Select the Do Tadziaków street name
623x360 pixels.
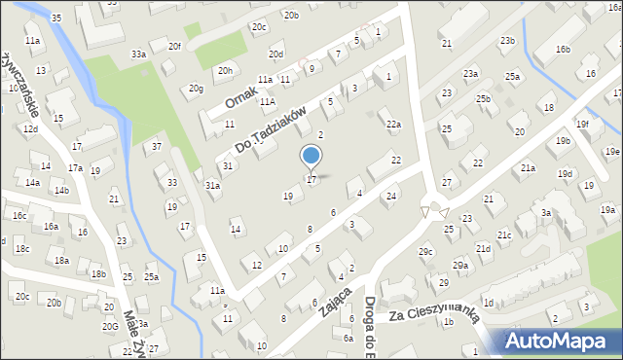[x=277, y=130]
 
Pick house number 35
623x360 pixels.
[x=56, y=18]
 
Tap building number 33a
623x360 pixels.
[x=139, y=54]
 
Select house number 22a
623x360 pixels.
[x=393, y=124]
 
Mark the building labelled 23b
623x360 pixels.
[x=507, y=40]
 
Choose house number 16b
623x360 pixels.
[x=564, y=49]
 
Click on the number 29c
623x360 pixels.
[x=425, y=252]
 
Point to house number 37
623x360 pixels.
[x=157, y=147]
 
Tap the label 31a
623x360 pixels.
[x=211, y=185]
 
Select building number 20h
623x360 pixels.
[x=225, y=70]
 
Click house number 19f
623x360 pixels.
[x=582, y=124]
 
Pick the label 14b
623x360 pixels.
[x=61, y=190]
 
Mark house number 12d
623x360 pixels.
[x=31, y=128]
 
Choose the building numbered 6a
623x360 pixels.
[x=348, y=338]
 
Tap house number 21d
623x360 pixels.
[x=483, y=248]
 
